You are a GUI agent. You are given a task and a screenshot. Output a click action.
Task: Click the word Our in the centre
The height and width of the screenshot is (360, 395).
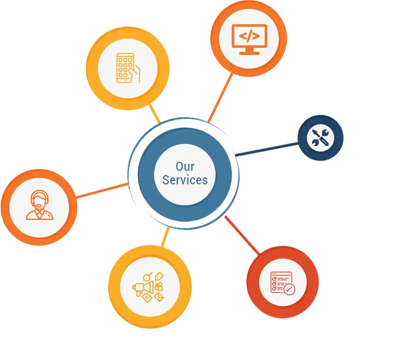(185, 167)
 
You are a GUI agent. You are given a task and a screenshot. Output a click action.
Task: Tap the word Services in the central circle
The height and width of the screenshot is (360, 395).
(185, 180)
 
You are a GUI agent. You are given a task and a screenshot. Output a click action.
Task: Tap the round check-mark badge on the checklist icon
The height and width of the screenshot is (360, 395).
(290, 289)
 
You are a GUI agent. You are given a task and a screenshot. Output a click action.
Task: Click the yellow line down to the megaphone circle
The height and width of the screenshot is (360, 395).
(164, 237)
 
